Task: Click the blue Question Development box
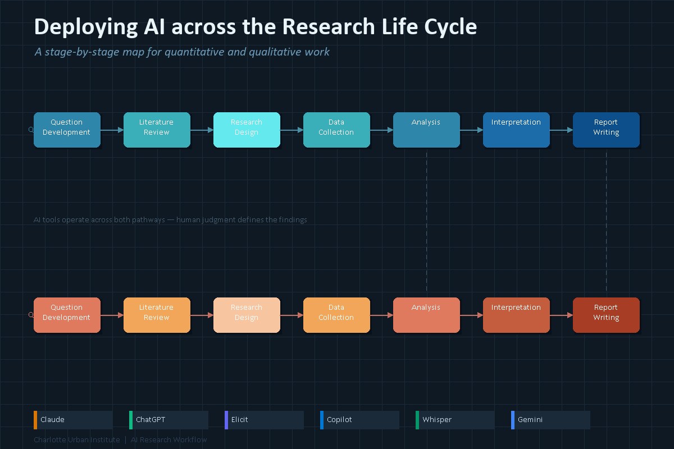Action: [67, 130]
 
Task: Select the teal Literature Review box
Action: [157, 130]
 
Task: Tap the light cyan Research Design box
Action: [247, 130]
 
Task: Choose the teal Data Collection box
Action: [336, 130]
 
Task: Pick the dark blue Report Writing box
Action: [606, 130]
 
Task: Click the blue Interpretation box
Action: [516, 130]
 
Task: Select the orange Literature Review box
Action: [157, 315]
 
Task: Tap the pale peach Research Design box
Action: [247, 315]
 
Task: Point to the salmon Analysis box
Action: [426, 315]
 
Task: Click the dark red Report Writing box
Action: [606, 315]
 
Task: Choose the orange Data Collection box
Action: [336, 315]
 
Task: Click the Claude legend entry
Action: [73, 420]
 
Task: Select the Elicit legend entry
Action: [264, 420]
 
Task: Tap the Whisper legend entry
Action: [455, 420]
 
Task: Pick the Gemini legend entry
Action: [550, 420]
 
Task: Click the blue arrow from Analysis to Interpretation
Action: [471, 130]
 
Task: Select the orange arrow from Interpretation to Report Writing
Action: [561, 315]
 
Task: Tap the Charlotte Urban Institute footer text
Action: [76, 439]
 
